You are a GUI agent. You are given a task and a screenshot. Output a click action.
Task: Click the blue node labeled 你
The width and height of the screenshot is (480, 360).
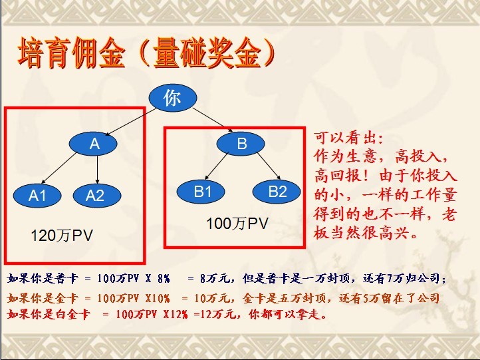coord(173,98)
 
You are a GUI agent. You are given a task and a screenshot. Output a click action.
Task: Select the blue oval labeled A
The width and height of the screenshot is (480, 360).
coord(93,143)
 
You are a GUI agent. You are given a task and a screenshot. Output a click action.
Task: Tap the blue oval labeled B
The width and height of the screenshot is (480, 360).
coord(241,143)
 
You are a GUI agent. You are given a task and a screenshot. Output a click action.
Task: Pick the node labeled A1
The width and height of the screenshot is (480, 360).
coord(37,195)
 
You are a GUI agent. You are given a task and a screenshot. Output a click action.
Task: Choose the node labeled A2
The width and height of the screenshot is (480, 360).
coord(97,195)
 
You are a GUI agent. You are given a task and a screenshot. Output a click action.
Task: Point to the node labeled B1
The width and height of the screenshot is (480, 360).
coord(201,192)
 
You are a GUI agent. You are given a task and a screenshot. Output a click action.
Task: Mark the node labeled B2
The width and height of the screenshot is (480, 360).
coord(277,192)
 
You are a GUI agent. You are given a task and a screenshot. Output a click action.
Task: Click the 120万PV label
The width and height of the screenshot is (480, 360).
coord(62,236)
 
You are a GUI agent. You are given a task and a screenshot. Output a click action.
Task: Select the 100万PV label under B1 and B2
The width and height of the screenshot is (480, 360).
coord(237,224)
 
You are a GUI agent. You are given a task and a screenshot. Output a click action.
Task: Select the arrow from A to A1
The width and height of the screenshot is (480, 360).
coord(59,168)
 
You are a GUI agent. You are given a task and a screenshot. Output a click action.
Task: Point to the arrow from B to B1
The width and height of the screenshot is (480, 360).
coord(216,166)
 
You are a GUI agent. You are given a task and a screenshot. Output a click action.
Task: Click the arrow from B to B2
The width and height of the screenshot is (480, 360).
coord(269,166)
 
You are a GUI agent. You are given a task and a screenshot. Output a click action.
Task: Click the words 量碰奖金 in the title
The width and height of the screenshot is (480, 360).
coord(207,53)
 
